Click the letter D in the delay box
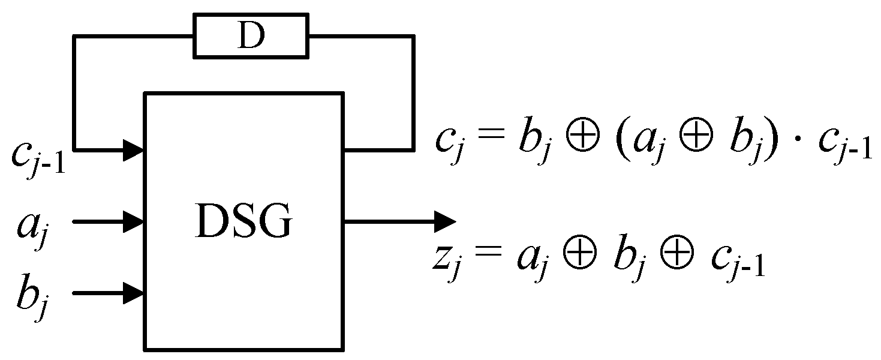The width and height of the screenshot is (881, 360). point(250,38)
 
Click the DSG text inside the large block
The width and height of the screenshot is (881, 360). point(243,223)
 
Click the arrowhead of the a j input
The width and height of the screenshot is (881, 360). point(133,222)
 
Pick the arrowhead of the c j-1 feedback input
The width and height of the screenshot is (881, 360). point(133,149)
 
